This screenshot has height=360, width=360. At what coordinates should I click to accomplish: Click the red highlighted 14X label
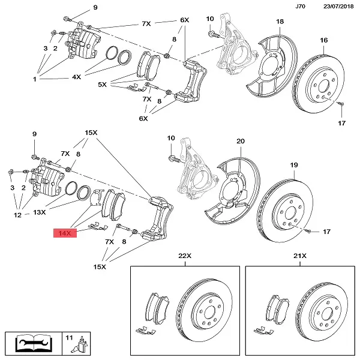pyautogui.click(x=64, y=232)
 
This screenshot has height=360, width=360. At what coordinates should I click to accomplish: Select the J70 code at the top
pyautogui.click(x=300, y=7)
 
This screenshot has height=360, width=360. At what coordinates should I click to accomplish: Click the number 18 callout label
pyautogui.click(x=280, y=22)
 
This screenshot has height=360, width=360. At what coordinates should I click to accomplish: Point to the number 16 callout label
pyautogui.click(x=324, y=40)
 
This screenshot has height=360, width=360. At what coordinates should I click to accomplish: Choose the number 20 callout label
pyautogui.click(x=240, y=141)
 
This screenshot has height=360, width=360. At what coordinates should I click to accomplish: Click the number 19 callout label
pyautogui.click(x=294, y=164)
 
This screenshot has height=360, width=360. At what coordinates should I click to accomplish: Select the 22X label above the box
pyautogui.click(x=184, y=256)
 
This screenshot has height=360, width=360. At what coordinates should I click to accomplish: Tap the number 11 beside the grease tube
pyautogui.click(x=68, y=339)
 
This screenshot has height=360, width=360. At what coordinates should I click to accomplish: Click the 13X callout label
pyautogui.click(x=40, y=212)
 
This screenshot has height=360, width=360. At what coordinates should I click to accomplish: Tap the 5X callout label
pyautogui.click(x=103, y=85)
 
